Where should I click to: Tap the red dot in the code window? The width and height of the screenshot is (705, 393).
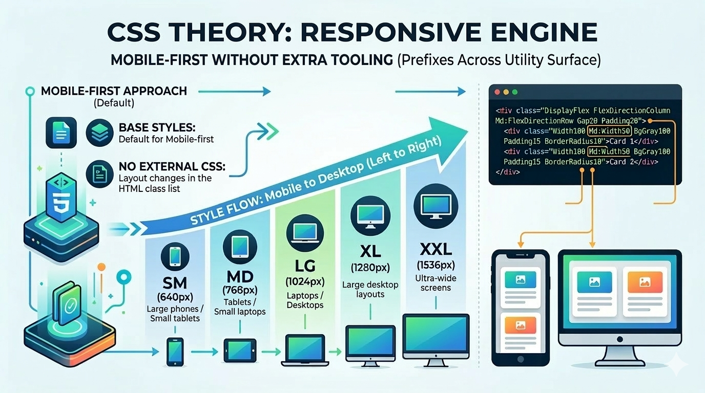tap(497, 92)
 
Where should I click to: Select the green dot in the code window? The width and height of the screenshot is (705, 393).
tap(515, 92)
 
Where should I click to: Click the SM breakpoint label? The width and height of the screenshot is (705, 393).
tap(175, 283)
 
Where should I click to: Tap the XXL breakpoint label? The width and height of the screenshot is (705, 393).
tap(436, 250)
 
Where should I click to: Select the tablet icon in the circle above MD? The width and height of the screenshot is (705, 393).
tap(240, 247)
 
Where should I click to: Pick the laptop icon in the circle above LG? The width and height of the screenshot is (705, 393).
tap(305, 233)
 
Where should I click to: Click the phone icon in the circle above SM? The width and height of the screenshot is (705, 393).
tap(175, 256)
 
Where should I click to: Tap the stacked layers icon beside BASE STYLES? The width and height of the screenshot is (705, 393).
tap(99, 133)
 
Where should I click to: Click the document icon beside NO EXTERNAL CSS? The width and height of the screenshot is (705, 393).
tap(99, 174)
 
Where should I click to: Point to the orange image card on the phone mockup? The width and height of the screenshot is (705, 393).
tap(520, 325)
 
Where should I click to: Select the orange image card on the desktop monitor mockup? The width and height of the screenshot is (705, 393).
tap(645, 282)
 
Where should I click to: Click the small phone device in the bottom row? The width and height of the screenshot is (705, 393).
tap(175, 352)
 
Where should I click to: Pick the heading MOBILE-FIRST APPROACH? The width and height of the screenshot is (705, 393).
tap(114, 91)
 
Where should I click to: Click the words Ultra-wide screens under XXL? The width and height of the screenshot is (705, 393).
tap(436, 283)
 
